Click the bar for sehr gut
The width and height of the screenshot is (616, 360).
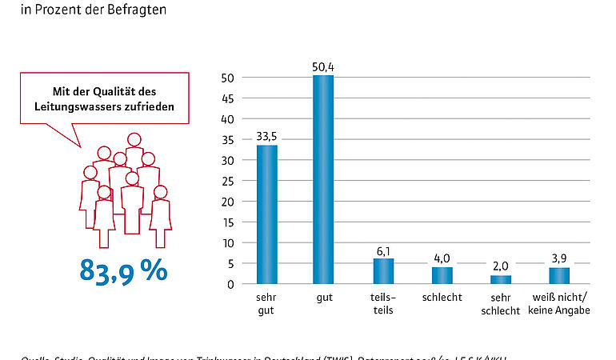(x=266, y=214)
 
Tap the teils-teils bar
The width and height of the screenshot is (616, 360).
(x=384, y=271)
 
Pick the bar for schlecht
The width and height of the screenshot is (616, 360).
(x=442, y=275)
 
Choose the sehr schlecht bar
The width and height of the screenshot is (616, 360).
(x=501, y=279)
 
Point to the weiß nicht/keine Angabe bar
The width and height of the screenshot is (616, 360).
(x=559, y=275)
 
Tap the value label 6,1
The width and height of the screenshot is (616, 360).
(x=384, y=250)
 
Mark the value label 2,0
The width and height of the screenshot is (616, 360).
(x=501, y=267)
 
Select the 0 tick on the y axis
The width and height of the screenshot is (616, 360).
(x=230, y=284)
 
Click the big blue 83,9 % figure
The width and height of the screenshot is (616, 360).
(x=124, y=270)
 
